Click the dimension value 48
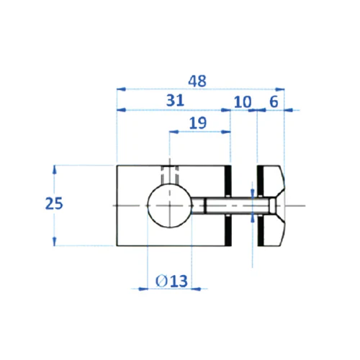[195, 81]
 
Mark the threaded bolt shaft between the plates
[230, 206]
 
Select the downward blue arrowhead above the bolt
[251, 193]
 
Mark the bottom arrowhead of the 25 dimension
[55, 242]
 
